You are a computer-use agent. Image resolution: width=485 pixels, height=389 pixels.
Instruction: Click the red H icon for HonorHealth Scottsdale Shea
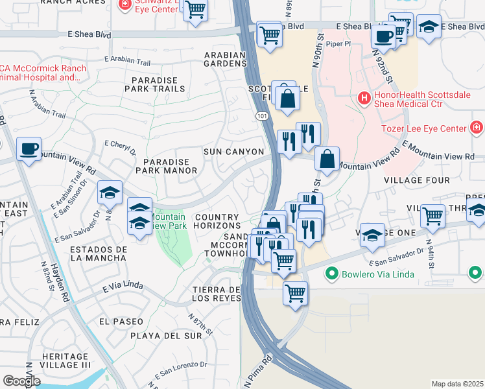coord(364,99)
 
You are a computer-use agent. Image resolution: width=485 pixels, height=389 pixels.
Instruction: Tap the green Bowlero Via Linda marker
coord(332,274)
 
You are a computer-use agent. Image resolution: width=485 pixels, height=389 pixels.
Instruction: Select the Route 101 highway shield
coord(259,115)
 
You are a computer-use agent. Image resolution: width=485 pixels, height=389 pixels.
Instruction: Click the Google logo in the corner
coord(21,381)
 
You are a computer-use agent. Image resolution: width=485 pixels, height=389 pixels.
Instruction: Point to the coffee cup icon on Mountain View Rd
coord(29,148)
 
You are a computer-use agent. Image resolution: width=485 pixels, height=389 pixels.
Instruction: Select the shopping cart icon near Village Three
coord(432,215)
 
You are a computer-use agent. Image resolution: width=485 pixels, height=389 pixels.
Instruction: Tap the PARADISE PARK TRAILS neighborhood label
coord(158,84)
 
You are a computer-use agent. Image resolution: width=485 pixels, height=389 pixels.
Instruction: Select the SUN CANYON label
coord(233,152)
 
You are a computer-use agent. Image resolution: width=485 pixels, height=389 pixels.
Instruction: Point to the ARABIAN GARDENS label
coord(225,60)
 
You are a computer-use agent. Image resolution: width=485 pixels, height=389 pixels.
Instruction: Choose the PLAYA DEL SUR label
coord(166,336)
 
